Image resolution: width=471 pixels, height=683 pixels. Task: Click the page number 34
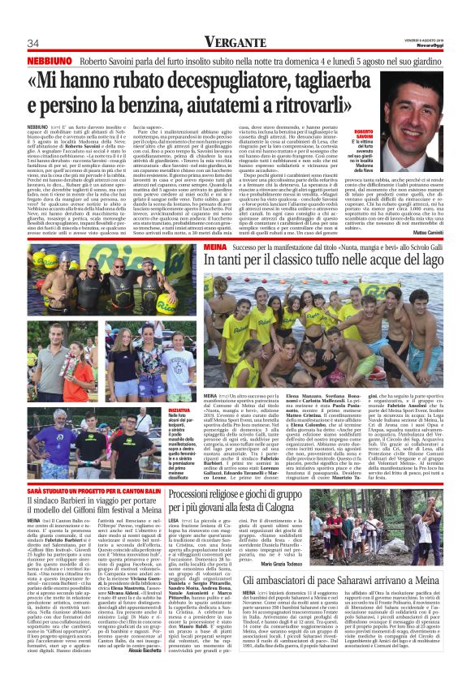33,43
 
